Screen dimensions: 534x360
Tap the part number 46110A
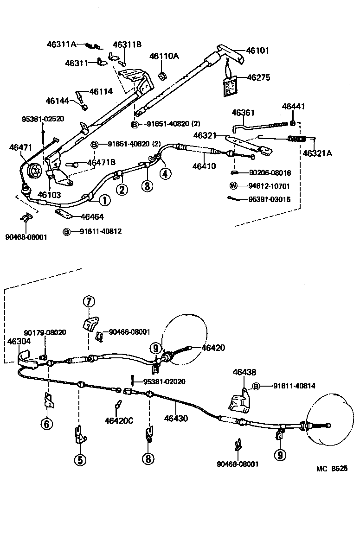[164, 56]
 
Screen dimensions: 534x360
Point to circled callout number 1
[104, 200]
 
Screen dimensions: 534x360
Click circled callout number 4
[165, 173]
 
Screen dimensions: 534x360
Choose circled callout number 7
[89, 302]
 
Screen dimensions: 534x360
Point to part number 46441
[293, 106]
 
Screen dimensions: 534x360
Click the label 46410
[205, 166]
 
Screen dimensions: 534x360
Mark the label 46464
[92, 216]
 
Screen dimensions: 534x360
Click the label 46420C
[119, 420]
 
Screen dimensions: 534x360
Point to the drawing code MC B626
[332, 469]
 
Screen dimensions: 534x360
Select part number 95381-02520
[43, 119]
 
